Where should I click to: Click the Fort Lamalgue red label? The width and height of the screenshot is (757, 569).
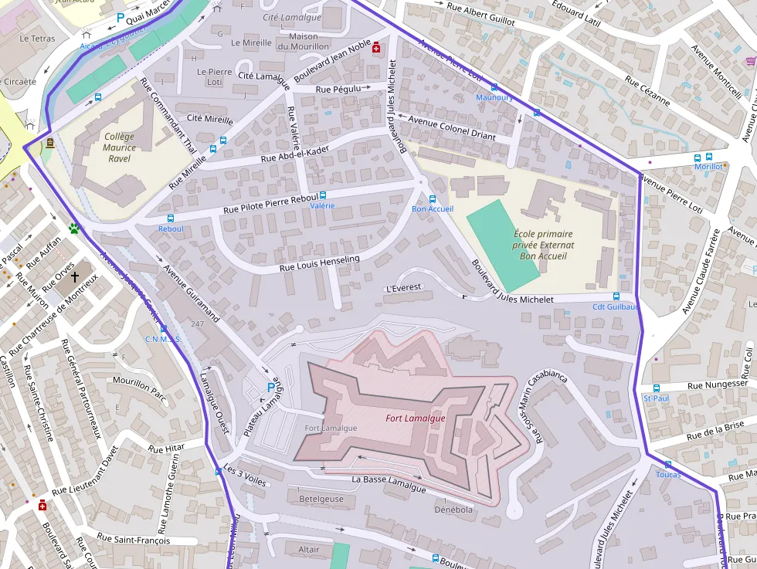(416, 418)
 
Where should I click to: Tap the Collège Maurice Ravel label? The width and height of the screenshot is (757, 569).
(118, 147)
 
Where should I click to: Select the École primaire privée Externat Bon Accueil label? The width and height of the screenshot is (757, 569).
(543, 245)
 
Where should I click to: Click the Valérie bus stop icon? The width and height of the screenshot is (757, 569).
(323, 196)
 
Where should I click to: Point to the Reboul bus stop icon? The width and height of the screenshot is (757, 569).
(171, 218)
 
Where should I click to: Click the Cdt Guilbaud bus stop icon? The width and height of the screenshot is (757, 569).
(616, 296)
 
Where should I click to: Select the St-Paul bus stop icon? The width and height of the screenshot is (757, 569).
(657, 388)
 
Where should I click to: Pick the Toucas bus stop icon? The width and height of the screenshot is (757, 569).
(667, 464)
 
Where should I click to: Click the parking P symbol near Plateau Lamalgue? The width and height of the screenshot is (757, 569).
(270, 387)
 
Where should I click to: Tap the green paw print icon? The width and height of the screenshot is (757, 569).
(74, 229)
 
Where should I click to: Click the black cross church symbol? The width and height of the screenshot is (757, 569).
(75, 276)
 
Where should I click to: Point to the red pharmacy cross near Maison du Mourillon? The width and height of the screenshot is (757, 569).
(376, 47)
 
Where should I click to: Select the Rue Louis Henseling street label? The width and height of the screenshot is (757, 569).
(319, 263)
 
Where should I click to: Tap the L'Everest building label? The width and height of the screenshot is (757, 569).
(402, 288)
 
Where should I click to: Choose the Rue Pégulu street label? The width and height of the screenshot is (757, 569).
(338, 90)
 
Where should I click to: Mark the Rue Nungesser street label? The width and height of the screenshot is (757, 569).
(717, 384)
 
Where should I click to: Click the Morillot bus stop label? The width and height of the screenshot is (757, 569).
(708, 167)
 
